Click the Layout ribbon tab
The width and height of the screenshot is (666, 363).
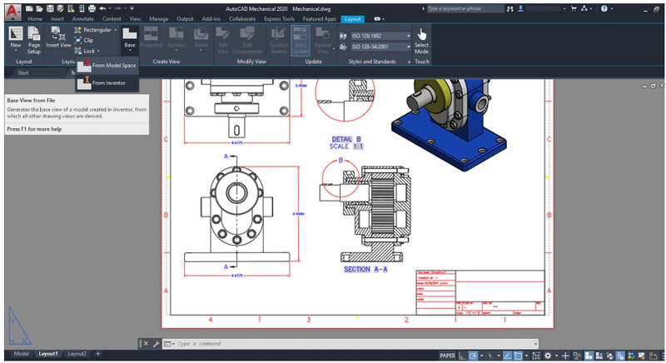(353, 18)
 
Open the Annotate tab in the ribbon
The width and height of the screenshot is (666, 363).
(83, 18)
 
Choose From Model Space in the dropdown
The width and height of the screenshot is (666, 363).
(113, 65)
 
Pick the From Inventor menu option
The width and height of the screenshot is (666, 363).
(108, 83)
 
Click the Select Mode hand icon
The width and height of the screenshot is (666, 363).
(422, 35)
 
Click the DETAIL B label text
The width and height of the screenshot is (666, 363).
(346, 139)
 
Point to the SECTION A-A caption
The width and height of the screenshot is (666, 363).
(365, 270)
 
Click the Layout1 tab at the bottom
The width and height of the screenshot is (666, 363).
(47, 354)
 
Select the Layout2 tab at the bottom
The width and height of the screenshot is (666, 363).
(77, 354)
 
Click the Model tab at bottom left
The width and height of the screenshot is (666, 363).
(20, 354)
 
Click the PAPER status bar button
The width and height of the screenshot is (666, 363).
(447, 355)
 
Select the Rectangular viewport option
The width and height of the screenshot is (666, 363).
(97, 29)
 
